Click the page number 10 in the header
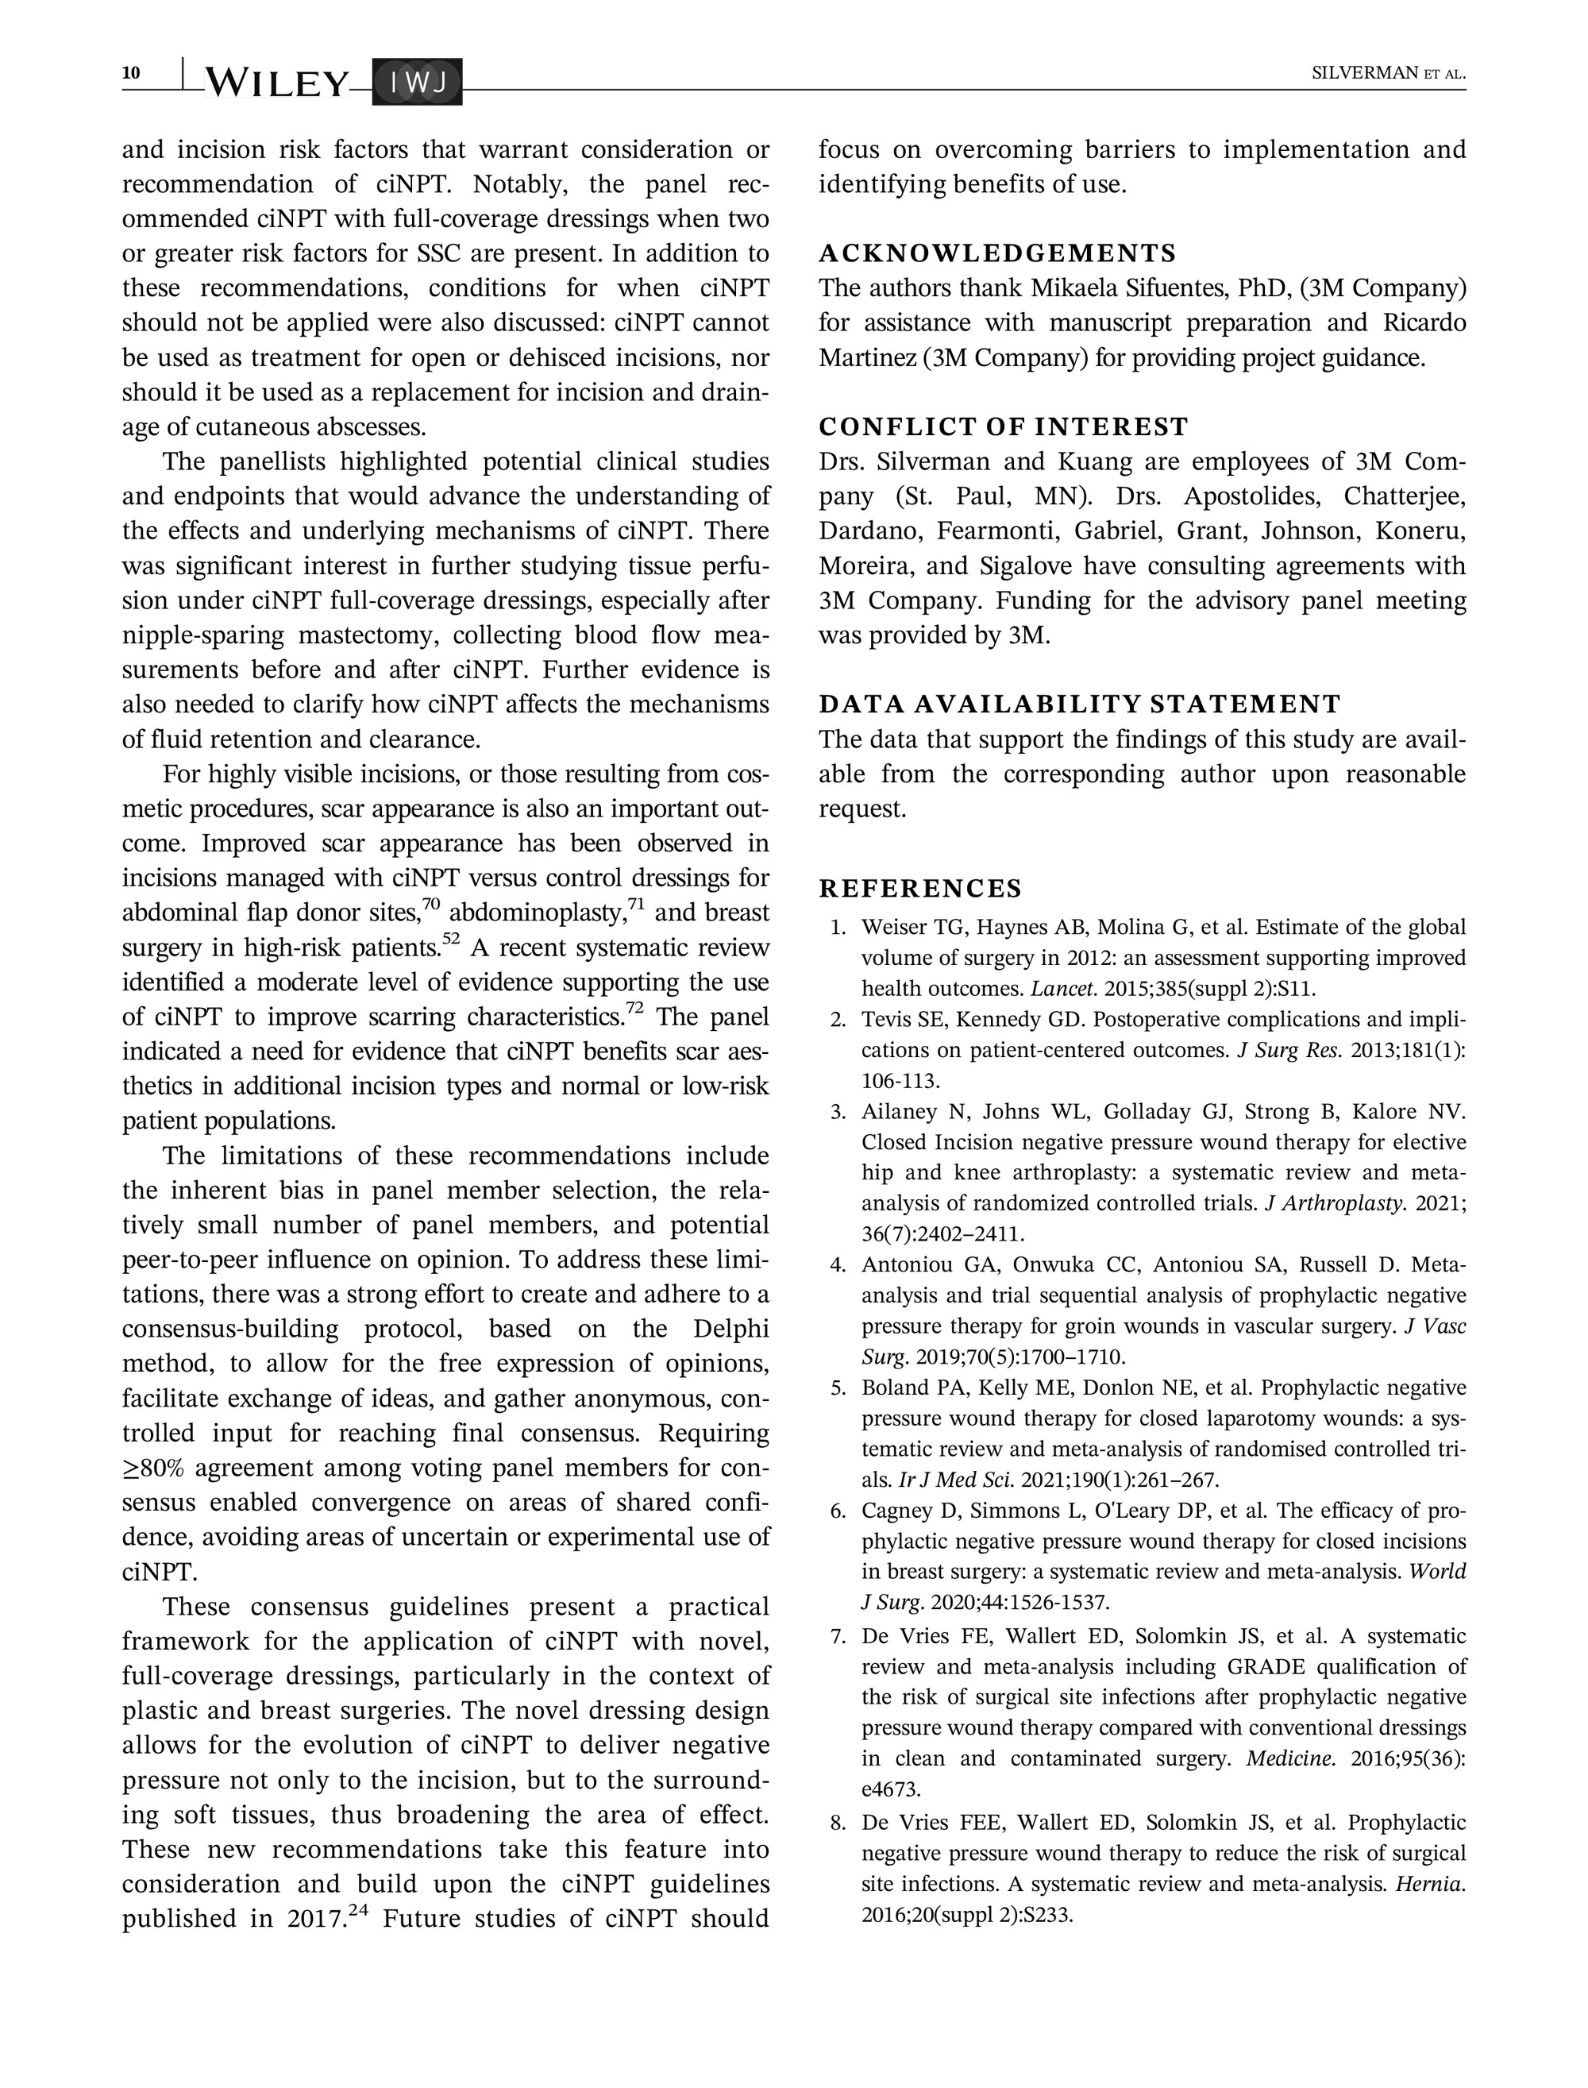point(131,73)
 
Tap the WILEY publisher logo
point(276,83)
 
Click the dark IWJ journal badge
point(418,83)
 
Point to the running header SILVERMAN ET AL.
point(1388,74)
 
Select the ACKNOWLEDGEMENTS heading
point(997,253)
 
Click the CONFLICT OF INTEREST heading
point(1003,427)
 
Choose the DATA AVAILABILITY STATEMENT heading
point(1080,704)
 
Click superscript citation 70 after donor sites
point(431,905)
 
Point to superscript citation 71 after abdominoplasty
point(636,905)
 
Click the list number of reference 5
point(838,1388)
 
